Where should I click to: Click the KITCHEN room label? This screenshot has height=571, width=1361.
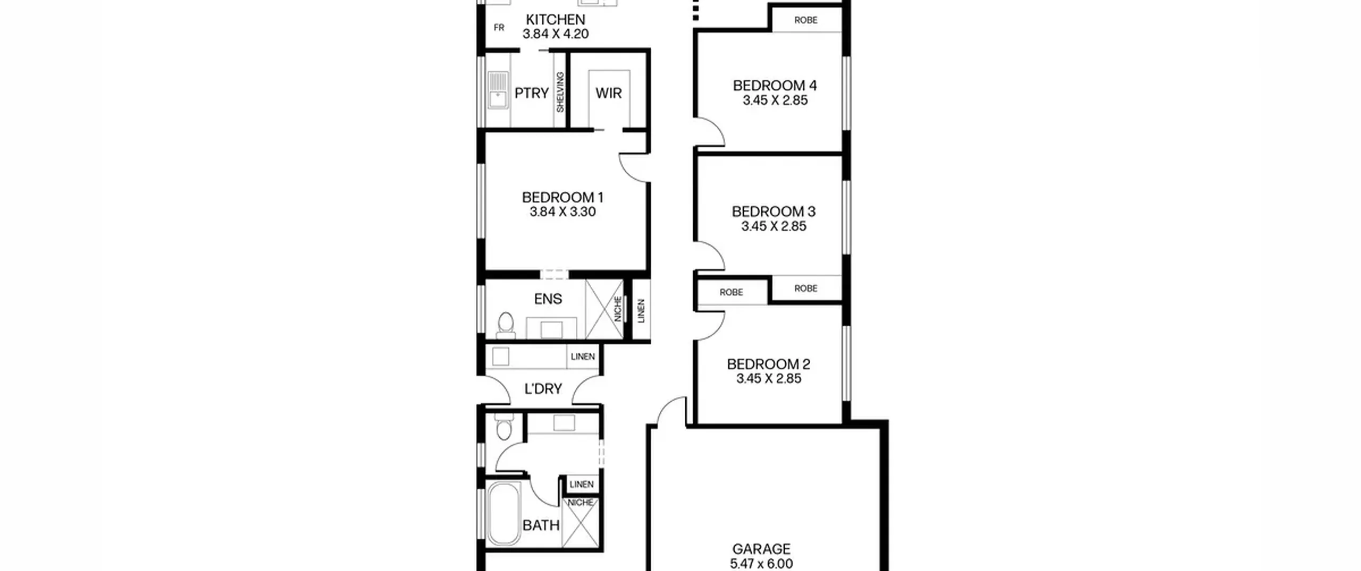pyautogui.click(x=556, y=20)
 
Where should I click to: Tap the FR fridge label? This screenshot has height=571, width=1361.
pyautogui.click(x=499, y=28)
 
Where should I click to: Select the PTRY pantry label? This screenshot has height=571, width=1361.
pyautogui.click(x=532, y=93)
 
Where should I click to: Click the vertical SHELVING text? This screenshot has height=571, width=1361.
pyautogui.click(x=560, y=92)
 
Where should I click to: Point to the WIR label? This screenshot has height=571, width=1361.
pyautogui.click(x=609, y=93)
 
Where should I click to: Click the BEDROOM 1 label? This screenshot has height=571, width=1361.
pyautogui.click(x=562, y=198)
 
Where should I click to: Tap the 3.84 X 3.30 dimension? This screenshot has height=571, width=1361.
pyautogui.click(x=562, y=212)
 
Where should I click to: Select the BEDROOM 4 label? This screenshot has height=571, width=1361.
pyautogui.click(x=775, y=86)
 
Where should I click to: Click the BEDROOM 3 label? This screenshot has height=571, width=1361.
pyautogui.click(x=774, y=211)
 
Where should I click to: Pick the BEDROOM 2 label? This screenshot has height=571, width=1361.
pyautogui.click(x=769, y=364)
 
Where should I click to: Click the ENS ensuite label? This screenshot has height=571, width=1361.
pyautogui.click(x=548, y=299)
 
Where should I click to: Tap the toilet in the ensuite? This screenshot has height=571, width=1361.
pyautogui.click(x=506, y=325)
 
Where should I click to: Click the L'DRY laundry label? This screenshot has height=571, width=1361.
pyautogui.click(x=543, y=389)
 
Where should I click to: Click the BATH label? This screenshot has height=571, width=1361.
pyautogui.click(x=541, y=526)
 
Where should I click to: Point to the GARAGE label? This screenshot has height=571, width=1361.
pyautogui.click(x=761, y=549)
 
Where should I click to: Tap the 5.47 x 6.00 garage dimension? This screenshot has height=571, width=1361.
pyautogui.click(x=761, y=564)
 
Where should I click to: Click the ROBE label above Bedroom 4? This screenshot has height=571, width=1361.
pyautogui.click(x=806, y=20)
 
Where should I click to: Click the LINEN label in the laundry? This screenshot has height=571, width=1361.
pyautogui.click(x=583, y=356)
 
